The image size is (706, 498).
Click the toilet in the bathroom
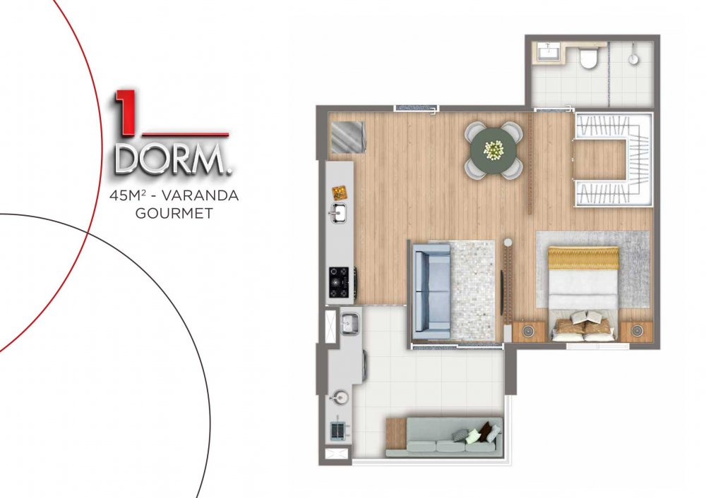coord(589,58)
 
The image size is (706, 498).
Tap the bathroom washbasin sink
coord(548,53)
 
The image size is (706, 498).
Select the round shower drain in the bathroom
coord(633,59)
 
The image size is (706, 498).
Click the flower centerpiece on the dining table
coord(493,150)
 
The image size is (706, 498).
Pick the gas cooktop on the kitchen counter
coord(339,283)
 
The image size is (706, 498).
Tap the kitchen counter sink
coord(337,213)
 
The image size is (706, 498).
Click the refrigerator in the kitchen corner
coord(347,138)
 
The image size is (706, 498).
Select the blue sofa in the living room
coord(431,292)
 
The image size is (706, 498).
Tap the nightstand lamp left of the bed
coord(527,332)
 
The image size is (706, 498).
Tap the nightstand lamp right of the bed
coord(636,331)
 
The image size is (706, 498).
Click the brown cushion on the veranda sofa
coord(485,431)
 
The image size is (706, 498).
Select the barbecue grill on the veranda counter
coord(337,431)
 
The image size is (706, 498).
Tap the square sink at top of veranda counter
coord(349,322)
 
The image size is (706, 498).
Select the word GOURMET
coord(174,213)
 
